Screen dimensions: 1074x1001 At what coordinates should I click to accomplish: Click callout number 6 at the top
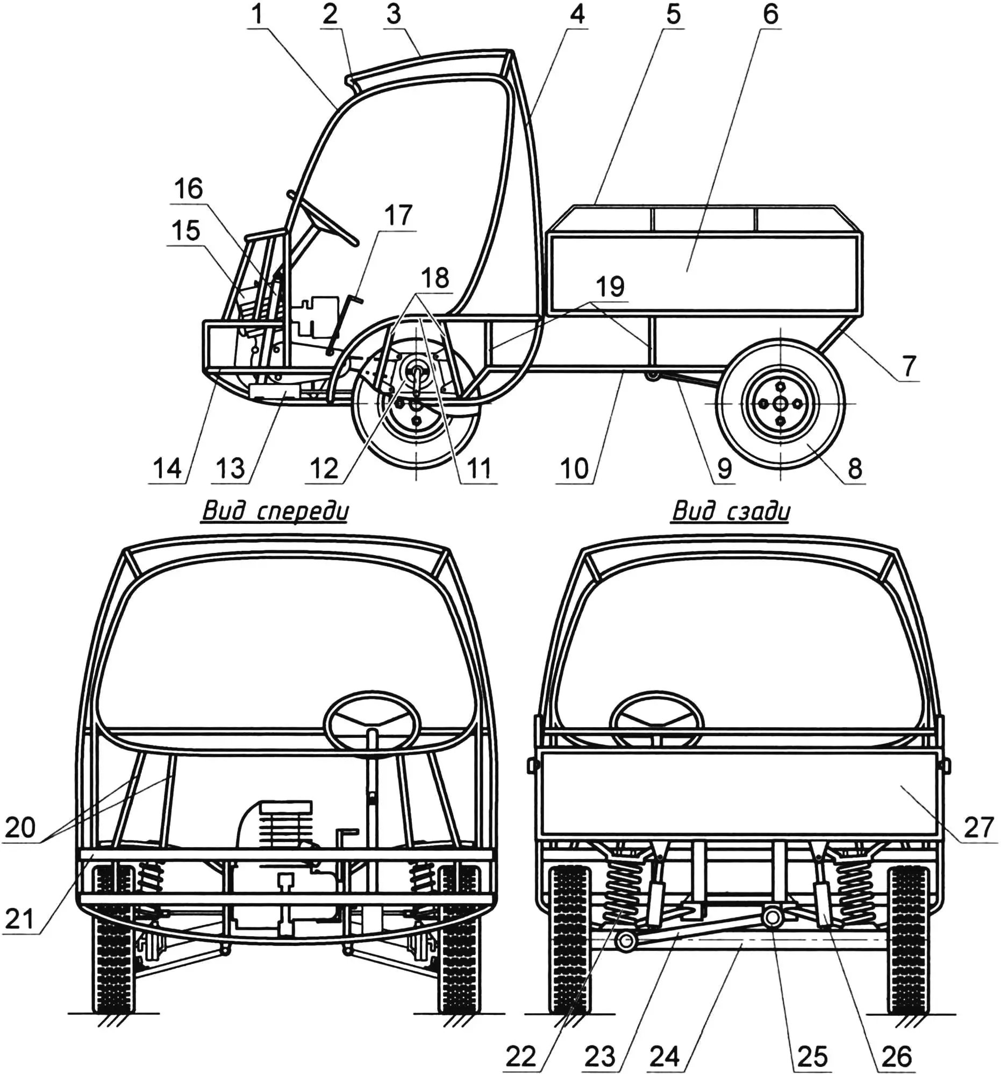pyautogui.click(x=770, y=15)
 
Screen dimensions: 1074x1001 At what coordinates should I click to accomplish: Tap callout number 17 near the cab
pyautogui.click(x=398, y=216)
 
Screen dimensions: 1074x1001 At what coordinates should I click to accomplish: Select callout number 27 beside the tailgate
pyautogui.click(x=979, y=827)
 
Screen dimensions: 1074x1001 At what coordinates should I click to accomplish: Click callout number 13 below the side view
pyautogui.click(x=230, y=468)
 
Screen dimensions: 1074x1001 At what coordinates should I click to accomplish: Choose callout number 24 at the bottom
pyautogui.click(x=664, y=1056)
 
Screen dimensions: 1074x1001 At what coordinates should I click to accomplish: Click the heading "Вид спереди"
pyautogui.click(x=275, y=510)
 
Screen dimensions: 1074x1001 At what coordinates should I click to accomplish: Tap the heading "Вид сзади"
pyautogui.click(x=731, y=510)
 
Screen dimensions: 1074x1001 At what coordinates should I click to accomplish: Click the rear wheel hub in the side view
pyautogui.click(x=780, y=403)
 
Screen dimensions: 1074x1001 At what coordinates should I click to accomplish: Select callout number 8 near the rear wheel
pyautogui.click(x=854, y=468)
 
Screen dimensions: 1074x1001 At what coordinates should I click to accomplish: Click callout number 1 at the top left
pyautogui.click(x=258, y=15)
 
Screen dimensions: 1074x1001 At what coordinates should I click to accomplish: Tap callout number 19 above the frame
pyautogui.click(x=610, y=286)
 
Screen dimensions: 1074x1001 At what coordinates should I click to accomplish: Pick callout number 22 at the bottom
pyautogui.click(x=520, y=1056)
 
